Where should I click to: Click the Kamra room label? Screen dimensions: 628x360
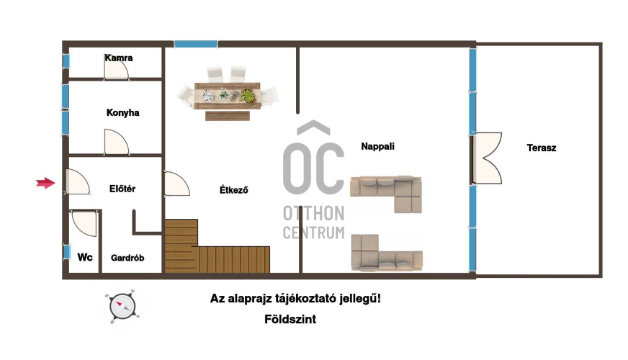[119, 58]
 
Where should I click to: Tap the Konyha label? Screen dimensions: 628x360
[123, 112]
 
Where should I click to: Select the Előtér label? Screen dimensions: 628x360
[122, 189]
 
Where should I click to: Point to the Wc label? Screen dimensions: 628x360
[85, 257]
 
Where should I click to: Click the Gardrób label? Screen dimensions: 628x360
[127, 258]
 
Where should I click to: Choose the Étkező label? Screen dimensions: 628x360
[233, 190]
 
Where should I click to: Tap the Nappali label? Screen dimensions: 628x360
[377, 147]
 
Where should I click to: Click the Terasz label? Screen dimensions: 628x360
[542, 148]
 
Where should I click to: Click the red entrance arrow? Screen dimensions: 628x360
[45, 183]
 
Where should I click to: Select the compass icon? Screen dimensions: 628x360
[122, 306]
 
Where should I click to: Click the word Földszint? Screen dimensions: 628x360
[290, 319]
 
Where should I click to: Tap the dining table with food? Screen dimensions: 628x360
[228, 96]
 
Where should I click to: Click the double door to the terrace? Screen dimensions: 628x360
[487, 158]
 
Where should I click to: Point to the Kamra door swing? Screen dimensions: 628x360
[116, 69]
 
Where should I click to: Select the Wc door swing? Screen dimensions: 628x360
[84, 223]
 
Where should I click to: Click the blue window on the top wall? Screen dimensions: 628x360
[196, 44]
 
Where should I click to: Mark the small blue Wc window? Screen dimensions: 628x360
[67, 252]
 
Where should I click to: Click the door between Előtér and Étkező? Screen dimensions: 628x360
[176, 184]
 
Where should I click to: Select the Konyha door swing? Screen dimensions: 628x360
[116, 142]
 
